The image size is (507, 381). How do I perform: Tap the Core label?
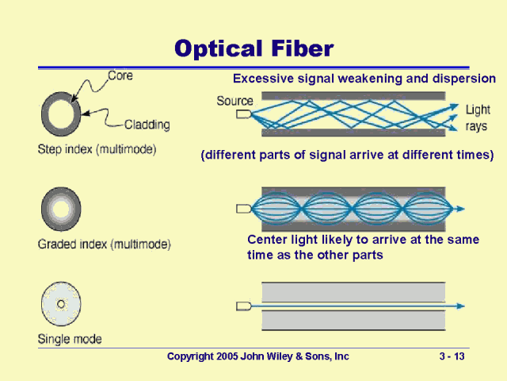click(x=120, y=76)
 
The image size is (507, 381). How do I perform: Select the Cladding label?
click(x=147, y=124)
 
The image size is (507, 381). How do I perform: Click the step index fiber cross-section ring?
click(x=60, y=116)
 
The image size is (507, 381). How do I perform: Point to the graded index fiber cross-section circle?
click(x=60, y=210)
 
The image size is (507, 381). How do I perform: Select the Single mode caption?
click(x=70, y=339)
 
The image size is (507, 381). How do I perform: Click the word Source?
click(x=234, y=101)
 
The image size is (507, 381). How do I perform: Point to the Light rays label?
click(x=477, y=117)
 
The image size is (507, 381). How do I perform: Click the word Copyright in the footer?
click(x=189, y=357)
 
